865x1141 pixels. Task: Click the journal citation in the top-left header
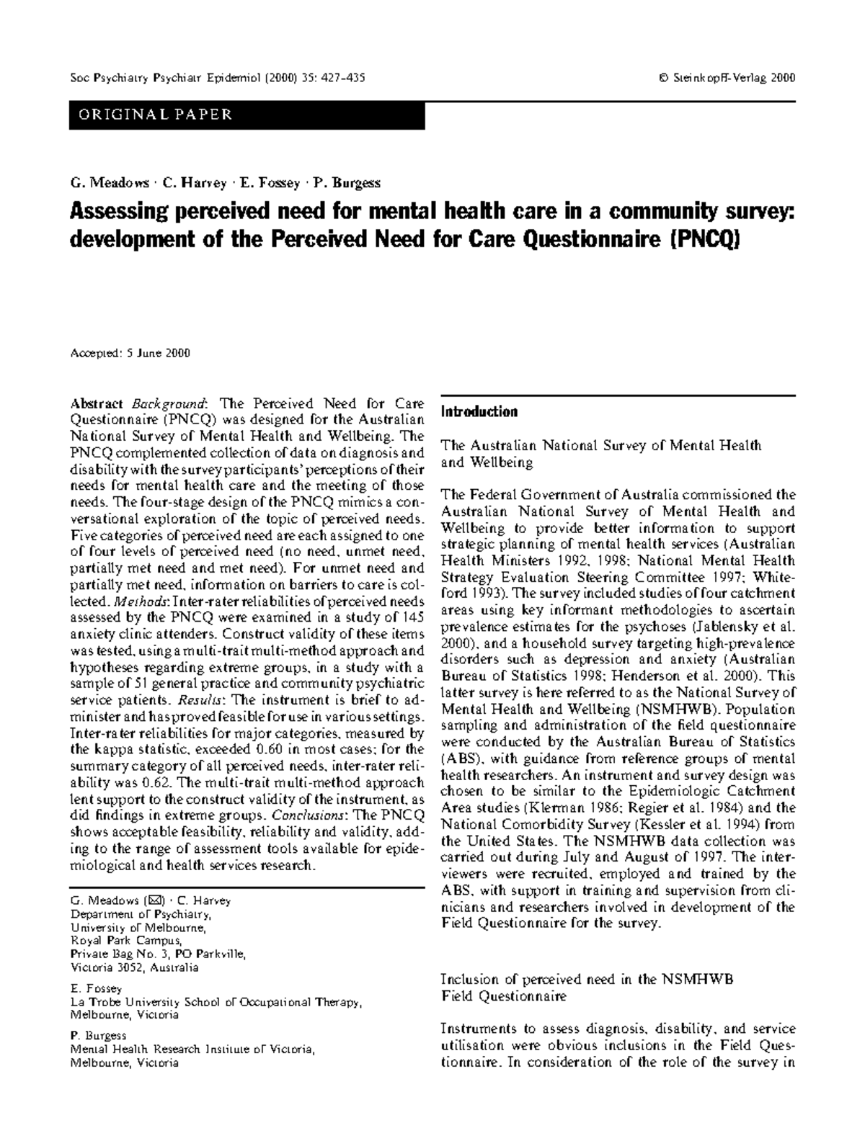pyautogui.click(x=216, y=78)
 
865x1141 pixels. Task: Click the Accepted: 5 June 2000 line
pyautogui.click(x=130, y=353)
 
